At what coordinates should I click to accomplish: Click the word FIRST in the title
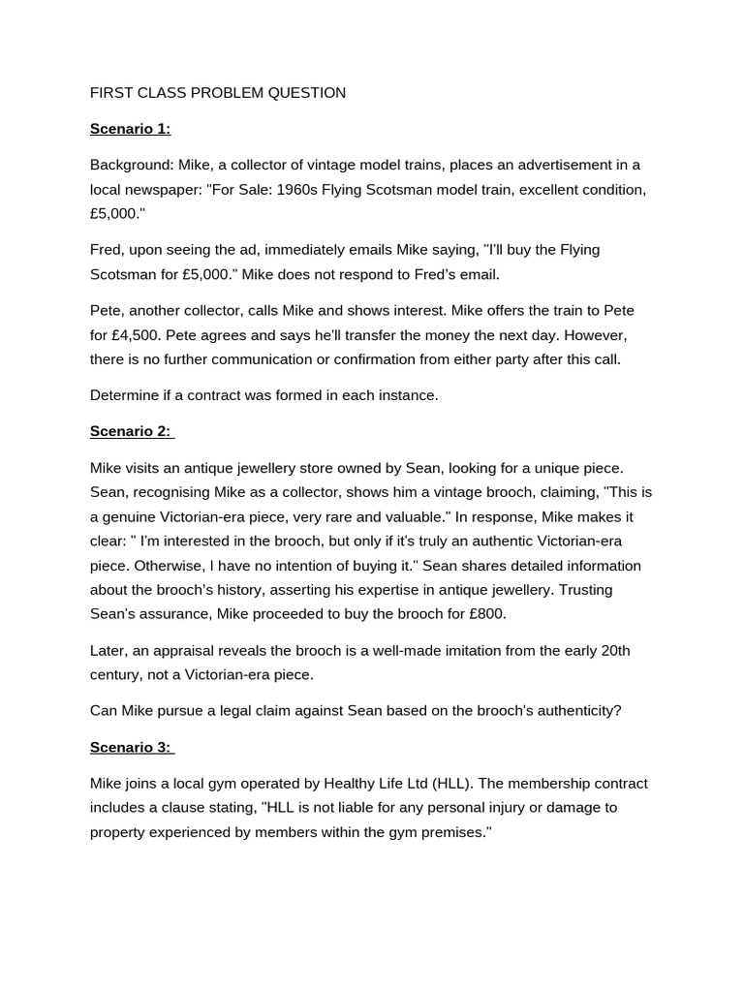pos(110,93)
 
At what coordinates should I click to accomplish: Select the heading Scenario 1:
pos(130,129)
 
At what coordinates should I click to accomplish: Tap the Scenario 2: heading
pos(130,431)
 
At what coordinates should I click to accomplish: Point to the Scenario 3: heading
pos(130,747)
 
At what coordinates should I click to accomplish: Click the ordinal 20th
pos(615,650)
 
